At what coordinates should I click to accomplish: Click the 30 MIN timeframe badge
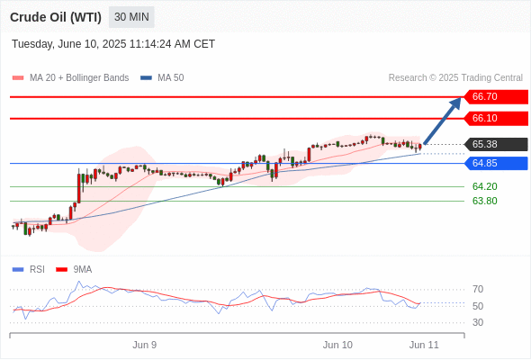click(x=131, y=17)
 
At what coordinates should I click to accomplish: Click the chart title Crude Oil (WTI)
click(x=56, y=17)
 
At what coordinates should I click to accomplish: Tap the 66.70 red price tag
click(x=496, y=97)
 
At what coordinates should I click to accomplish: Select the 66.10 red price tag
click(x=496, y=119)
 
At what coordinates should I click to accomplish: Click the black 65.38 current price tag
click(x=496, y=144)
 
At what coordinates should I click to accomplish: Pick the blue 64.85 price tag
click(x=496, y=163)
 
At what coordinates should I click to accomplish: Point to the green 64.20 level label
click(x=485, y=186)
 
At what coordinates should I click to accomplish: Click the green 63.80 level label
click(x=485, y=202)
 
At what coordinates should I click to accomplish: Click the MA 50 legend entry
click(x=162, y=78)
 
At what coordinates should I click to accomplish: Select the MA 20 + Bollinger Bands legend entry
click(x=70, y=78)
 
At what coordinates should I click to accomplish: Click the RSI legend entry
click(x=29, y=270)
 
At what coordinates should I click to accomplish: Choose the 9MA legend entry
click(x=74, y=270)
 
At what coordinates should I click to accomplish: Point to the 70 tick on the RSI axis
click(x=478, y=290)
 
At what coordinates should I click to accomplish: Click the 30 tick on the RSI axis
click(x=478, y=322)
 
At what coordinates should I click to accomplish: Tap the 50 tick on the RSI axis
click(x=478, y=306)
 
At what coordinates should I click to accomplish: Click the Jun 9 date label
click(x=145, y=345)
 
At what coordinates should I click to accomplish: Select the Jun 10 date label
click(x=337, y=345)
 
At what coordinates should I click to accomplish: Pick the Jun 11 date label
click(x=424, y=345)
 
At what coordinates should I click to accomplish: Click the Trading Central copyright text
click(x=455, y=78)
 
